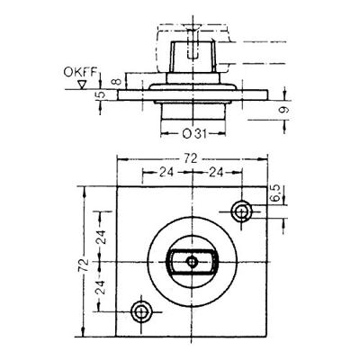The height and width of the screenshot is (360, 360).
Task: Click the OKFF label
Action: tap(80, 73)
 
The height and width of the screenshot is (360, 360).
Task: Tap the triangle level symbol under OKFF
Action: tap(81, 85)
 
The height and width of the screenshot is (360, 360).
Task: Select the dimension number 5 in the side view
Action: tap(102, 94)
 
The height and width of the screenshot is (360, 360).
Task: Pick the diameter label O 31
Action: tap(194, 133)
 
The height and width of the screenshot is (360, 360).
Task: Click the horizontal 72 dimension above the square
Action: tap(191, 158)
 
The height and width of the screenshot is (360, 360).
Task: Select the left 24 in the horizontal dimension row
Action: tap(166, 173)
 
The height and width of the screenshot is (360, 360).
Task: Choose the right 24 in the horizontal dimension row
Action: tap(216, 173)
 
